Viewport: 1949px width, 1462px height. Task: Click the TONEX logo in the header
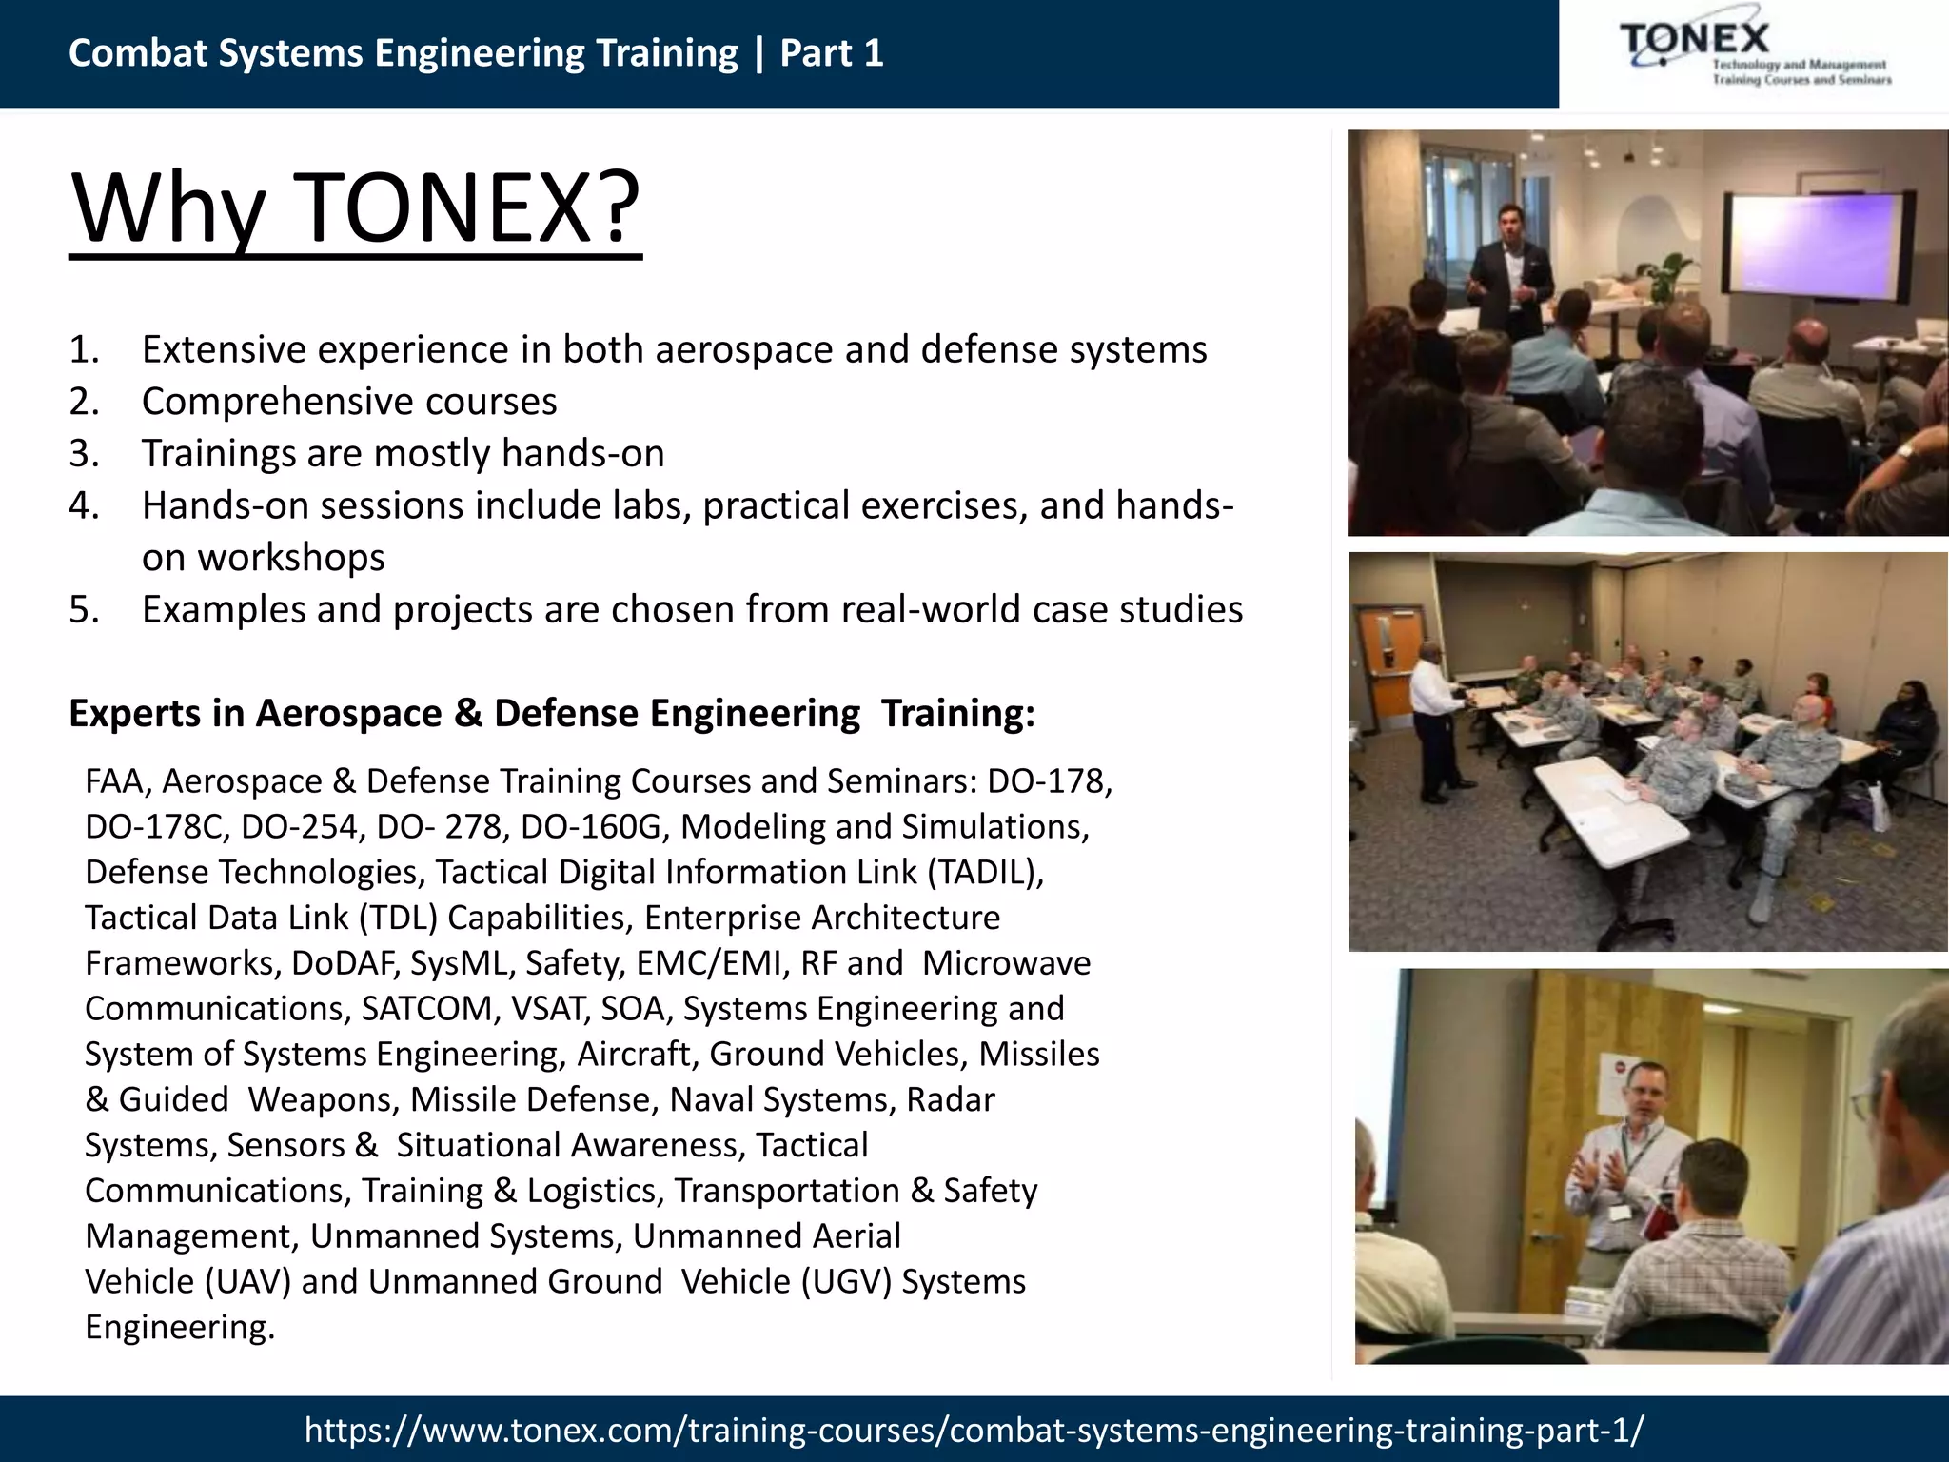(1753, 53)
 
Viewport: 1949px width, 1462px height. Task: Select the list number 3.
(84, 453)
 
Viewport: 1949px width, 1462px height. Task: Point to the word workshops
(290, 557)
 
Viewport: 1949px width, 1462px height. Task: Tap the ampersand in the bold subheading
(468, 713)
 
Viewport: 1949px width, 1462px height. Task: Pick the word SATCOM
(429, 1008)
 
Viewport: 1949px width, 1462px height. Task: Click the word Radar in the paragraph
(950, 1099)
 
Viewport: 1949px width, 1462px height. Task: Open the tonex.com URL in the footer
(974, 1430)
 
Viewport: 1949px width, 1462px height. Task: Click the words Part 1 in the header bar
(832, 53)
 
